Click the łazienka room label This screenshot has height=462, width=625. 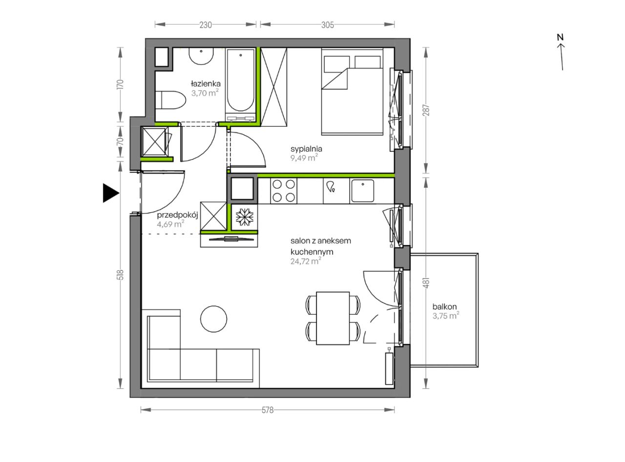[206, 83]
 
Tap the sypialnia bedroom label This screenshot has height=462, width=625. [306, 149]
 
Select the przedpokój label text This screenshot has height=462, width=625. [178, 215]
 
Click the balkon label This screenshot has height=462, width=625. [444, 306]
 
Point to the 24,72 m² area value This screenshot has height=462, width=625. [306, 261]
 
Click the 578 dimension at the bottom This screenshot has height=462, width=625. [268, 410]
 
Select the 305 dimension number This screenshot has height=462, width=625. [328, 25]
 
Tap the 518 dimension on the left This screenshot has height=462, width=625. [121, 275]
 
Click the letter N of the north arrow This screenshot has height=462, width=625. [560, 37]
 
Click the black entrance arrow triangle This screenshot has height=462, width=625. [111, 193]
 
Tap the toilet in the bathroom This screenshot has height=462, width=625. [170, 100]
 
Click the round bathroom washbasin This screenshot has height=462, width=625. [201, 56]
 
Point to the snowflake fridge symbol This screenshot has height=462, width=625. [244, 217]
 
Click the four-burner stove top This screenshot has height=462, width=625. [284, 191]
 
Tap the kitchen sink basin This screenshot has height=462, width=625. [363, 191]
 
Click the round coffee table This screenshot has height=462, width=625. [213, 319]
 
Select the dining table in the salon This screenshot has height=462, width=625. [333, 318]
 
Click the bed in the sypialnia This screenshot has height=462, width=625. [352, 92]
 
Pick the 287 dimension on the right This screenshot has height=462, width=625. [427, 110]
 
